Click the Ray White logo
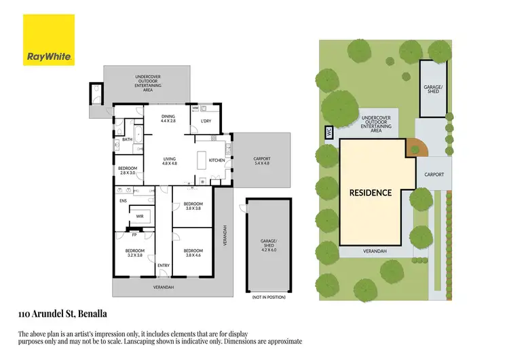pos(49,39)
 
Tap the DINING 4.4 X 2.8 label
pos(168,119)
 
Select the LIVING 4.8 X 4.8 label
pos(169,162)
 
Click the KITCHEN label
pos(216,161)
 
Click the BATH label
pos(127,139)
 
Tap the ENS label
pos(123,201)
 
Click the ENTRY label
pos(163,265)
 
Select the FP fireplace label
pos(134,235)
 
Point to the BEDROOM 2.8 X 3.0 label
pos(128,170)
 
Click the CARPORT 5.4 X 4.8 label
pos(261,160)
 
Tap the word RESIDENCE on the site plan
pos(371,192)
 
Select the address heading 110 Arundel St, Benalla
pos(62,314)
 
